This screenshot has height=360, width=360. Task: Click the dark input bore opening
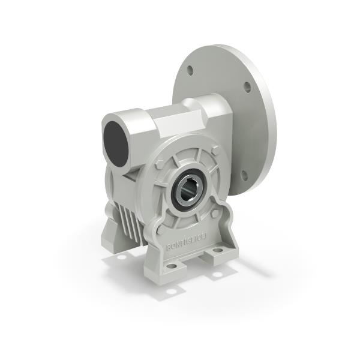point(117,145)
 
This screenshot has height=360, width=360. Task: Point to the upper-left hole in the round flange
point(190,70)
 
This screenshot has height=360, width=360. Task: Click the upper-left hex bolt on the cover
point(159,163)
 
